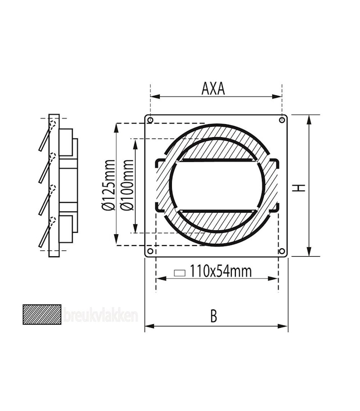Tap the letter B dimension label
214,316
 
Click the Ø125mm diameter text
108,184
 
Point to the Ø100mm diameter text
126,185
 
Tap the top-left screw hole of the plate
150,120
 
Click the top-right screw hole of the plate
282,120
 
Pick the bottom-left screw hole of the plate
150,251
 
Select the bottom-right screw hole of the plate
282,251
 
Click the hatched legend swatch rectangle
42,314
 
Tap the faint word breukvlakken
99,316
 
